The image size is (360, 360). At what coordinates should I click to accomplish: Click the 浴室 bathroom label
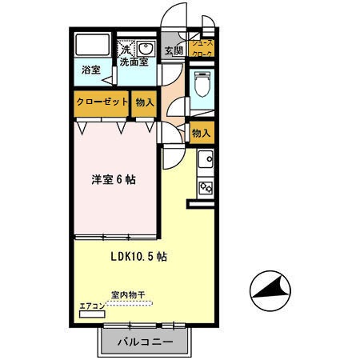click(x=90, y=70)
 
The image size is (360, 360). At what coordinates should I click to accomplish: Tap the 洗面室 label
click(x=134, y=61)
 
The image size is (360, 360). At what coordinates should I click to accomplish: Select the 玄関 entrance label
click(x=174, y=50)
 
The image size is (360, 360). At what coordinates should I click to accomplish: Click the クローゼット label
click(x=102, y=102)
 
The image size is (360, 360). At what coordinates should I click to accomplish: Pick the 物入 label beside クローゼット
click(x=145, y=102)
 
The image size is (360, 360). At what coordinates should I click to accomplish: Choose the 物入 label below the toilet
click(x=202, y=133)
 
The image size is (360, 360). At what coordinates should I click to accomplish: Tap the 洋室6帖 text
click(x=114, y=179)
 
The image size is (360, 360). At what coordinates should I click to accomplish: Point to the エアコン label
click(x=91, y=306)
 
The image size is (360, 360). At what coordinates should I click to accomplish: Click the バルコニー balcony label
click(x=145, y=342)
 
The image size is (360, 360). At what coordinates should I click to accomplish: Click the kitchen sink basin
click(x=205, y=158)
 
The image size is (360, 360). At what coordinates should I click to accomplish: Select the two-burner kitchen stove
click(x=205, y=188)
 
